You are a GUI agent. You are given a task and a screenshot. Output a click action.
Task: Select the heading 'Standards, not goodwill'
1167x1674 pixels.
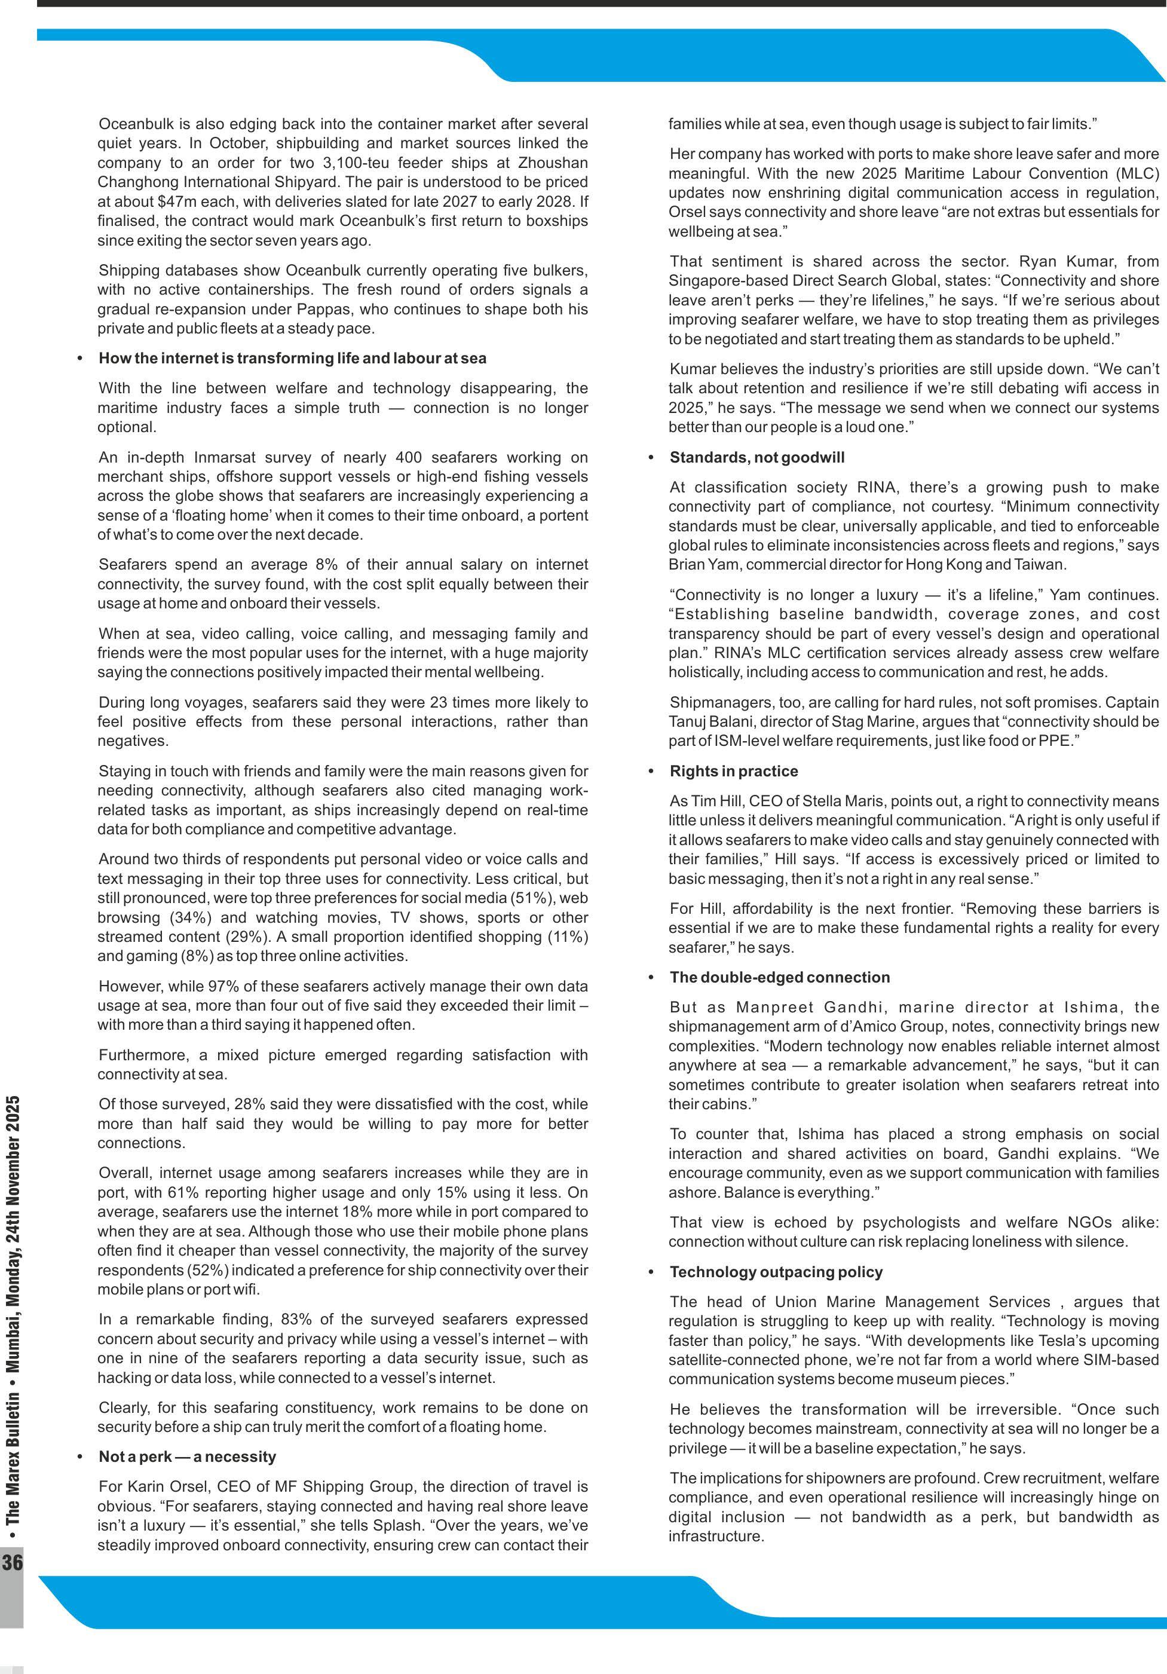[x=756, y=458]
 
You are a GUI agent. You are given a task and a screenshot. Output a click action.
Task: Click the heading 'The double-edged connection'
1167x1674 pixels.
[x=779, y=978]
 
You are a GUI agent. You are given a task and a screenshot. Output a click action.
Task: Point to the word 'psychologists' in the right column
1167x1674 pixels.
[x=911, y=1223]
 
